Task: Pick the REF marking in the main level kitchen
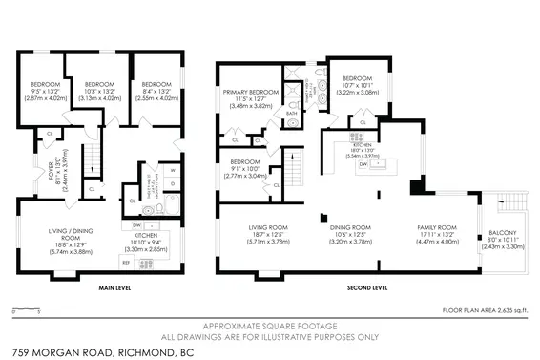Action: [126, 261]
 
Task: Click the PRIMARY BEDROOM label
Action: [251, 93]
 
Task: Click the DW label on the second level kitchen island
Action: [363, 163]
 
